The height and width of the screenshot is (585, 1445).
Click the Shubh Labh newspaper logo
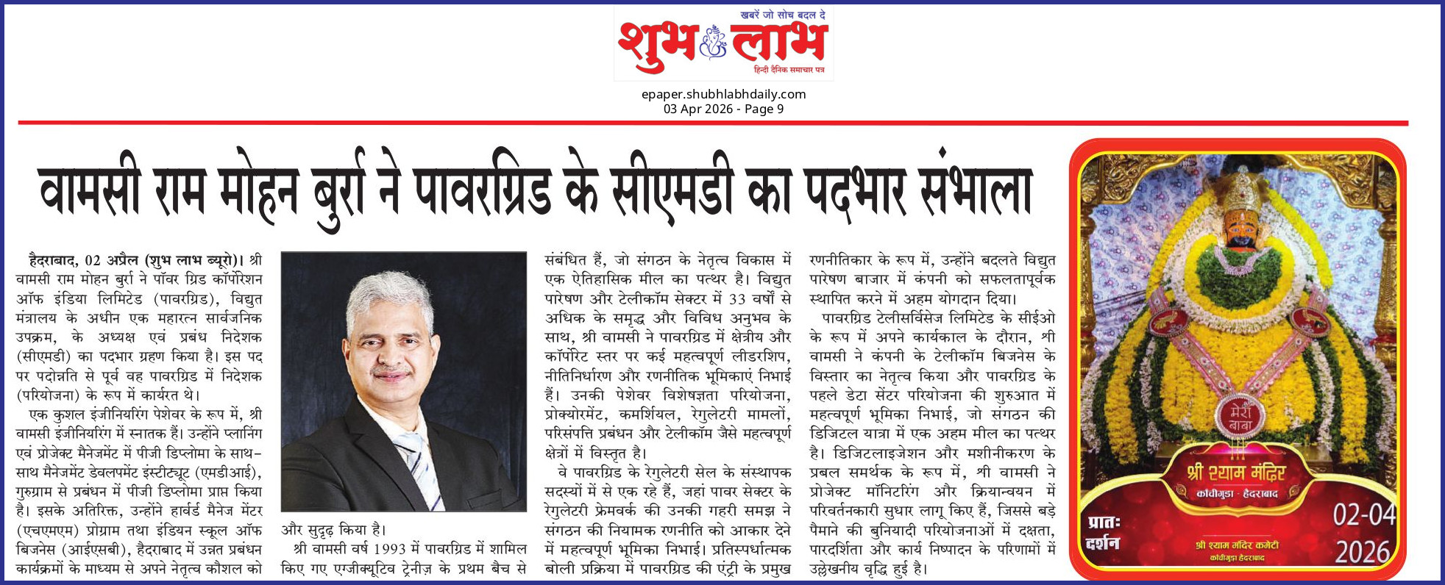(723, 43)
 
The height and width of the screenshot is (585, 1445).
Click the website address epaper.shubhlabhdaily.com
(723, 94)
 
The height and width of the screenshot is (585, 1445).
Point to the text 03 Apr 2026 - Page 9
(723, 109)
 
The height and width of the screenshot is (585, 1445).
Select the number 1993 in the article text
(391, 549)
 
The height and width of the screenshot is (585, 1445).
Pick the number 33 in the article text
(737, 299)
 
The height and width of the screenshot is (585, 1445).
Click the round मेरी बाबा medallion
(1240, 416)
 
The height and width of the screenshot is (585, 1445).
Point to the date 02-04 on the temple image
(1364, 515)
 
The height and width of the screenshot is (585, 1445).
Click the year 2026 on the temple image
(1363, 552)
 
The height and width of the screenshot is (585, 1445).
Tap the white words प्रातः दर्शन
(1104, 533)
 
